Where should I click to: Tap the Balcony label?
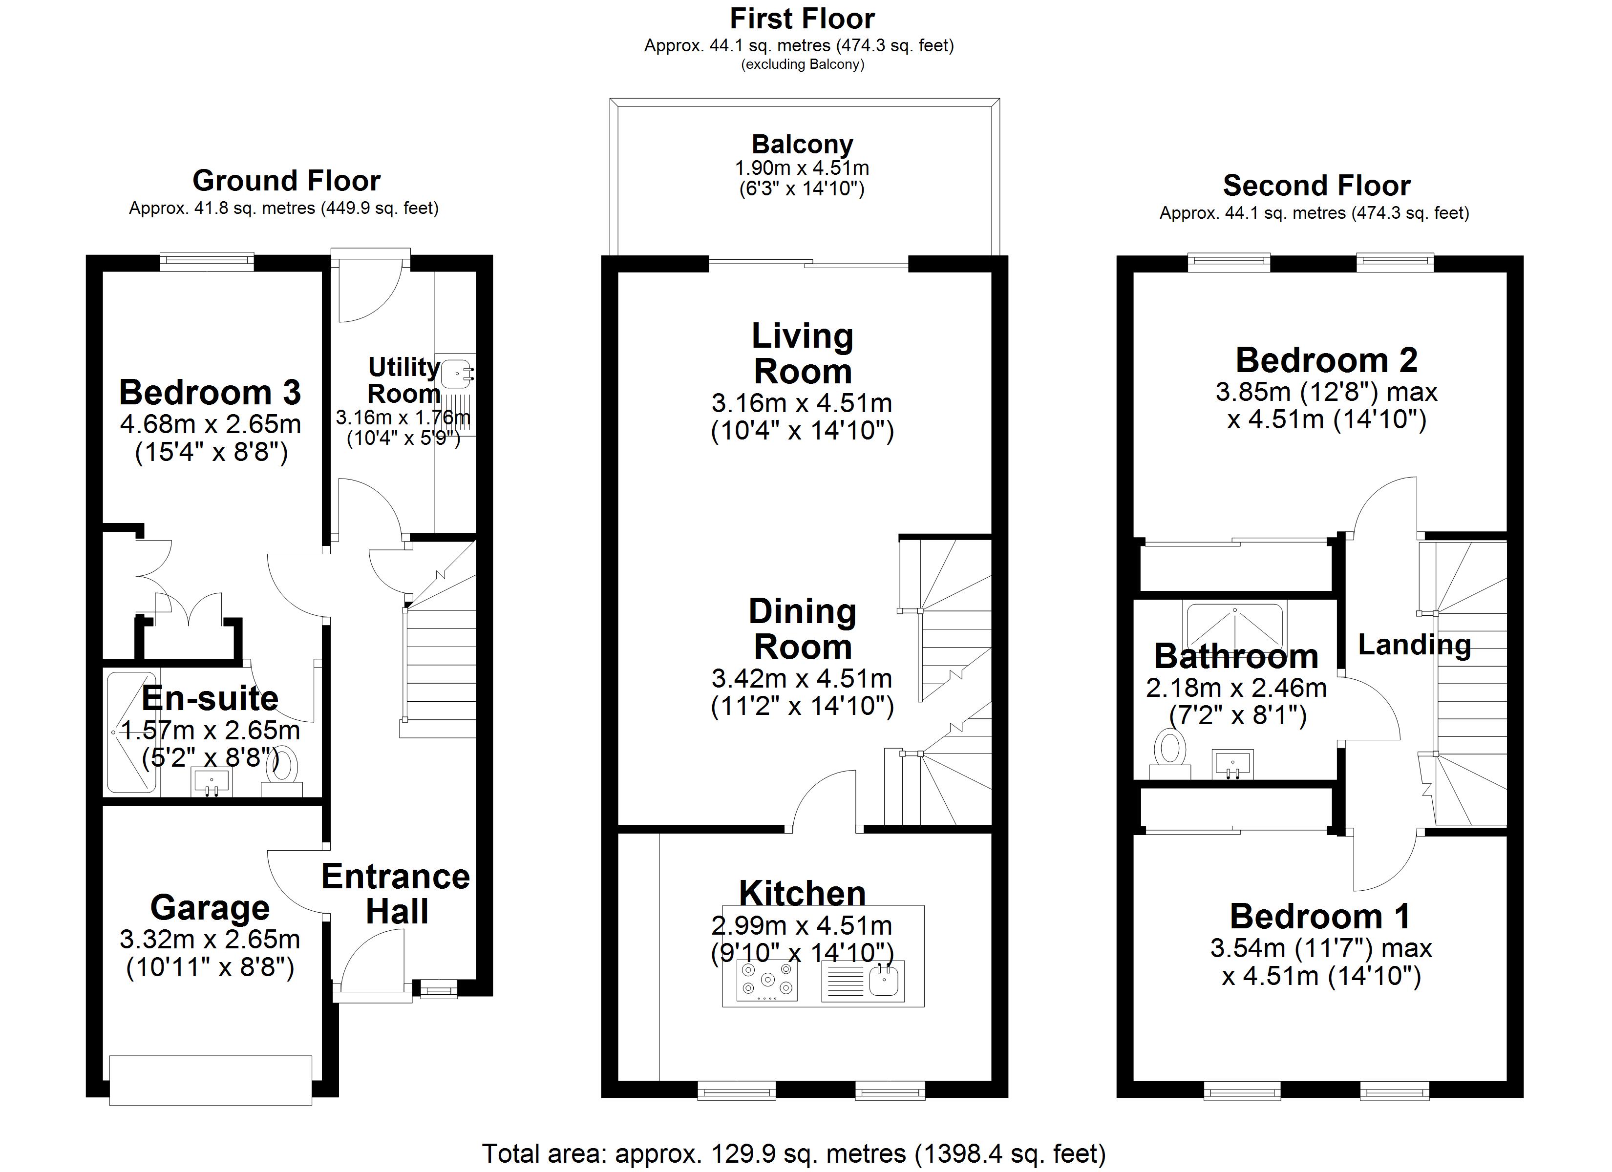pyautogui.click(x=803, y=144)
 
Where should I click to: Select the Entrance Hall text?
pyautogui.click(x=396, y=894)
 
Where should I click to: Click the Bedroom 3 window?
pyautogui.click(x=207, y=262)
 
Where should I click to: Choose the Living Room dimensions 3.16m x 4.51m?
pyautogui.click(x=802, y=403)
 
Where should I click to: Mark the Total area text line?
pyautogui.click(x=793, y=1153)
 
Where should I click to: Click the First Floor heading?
pyautogui.click(x=803, y=19)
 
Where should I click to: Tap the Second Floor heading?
pyautogui.click(x=1316, y=186)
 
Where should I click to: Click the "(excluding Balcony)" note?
pyautogui.click(x=803, y=64)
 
